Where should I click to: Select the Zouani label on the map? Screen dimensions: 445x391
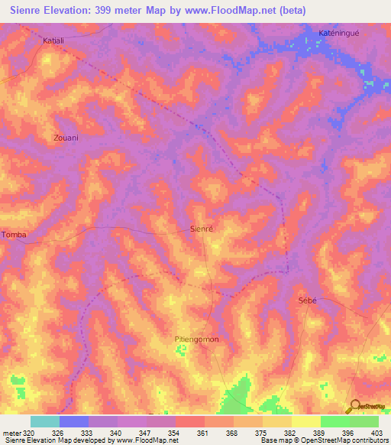(66, 138)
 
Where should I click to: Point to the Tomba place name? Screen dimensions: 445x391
(14, 235)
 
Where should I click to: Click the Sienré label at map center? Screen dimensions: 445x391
(202, 229)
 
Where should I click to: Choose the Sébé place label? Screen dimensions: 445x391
(306, 301)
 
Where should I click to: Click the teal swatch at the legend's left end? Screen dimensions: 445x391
(45, 421)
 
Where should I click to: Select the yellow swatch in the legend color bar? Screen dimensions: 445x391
(305, 421)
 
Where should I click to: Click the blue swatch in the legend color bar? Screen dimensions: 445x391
(74, 421)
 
